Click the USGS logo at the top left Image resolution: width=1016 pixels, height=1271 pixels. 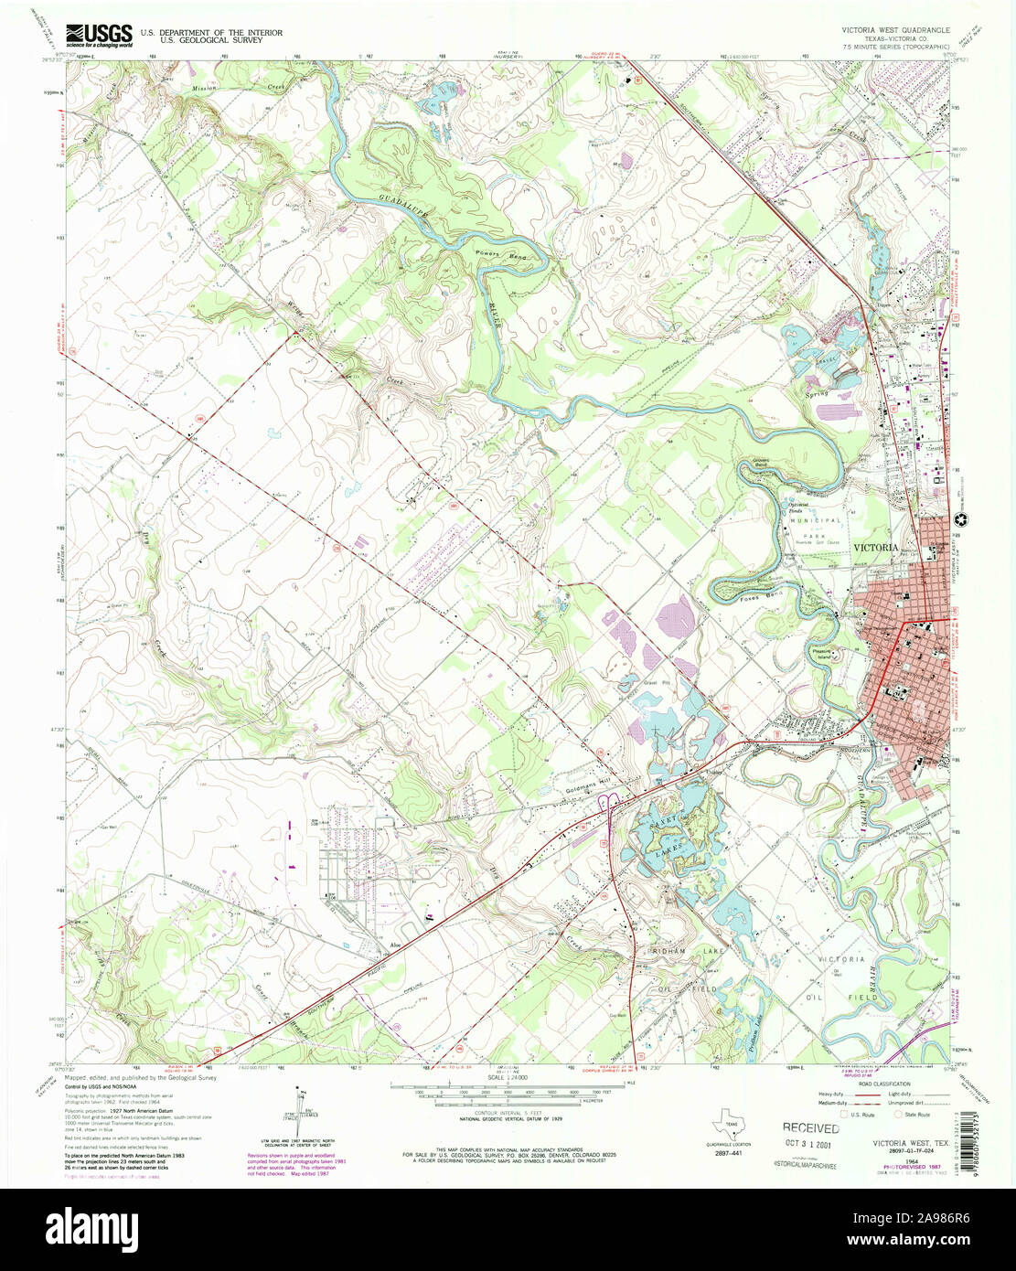point(99,35)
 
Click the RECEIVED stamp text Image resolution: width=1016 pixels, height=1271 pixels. point(810,1128)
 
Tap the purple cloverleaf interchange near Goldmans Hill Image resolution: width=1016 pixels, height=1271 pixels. point(606,805)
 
